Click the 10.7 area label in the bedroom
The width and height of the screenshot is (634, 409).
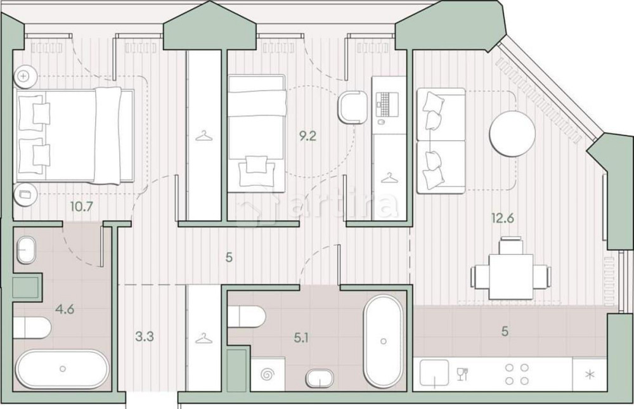coord(80,205)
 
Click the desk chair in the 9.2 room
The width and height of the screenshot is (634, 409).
coord(353,107)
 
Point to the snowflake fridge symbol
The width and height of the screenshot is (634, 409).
coord(589,375)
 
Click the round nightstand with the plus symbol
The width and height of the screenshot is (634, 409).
coord(24,75)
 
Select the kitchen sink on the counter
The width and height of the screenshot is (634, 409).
coord(433,373)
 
